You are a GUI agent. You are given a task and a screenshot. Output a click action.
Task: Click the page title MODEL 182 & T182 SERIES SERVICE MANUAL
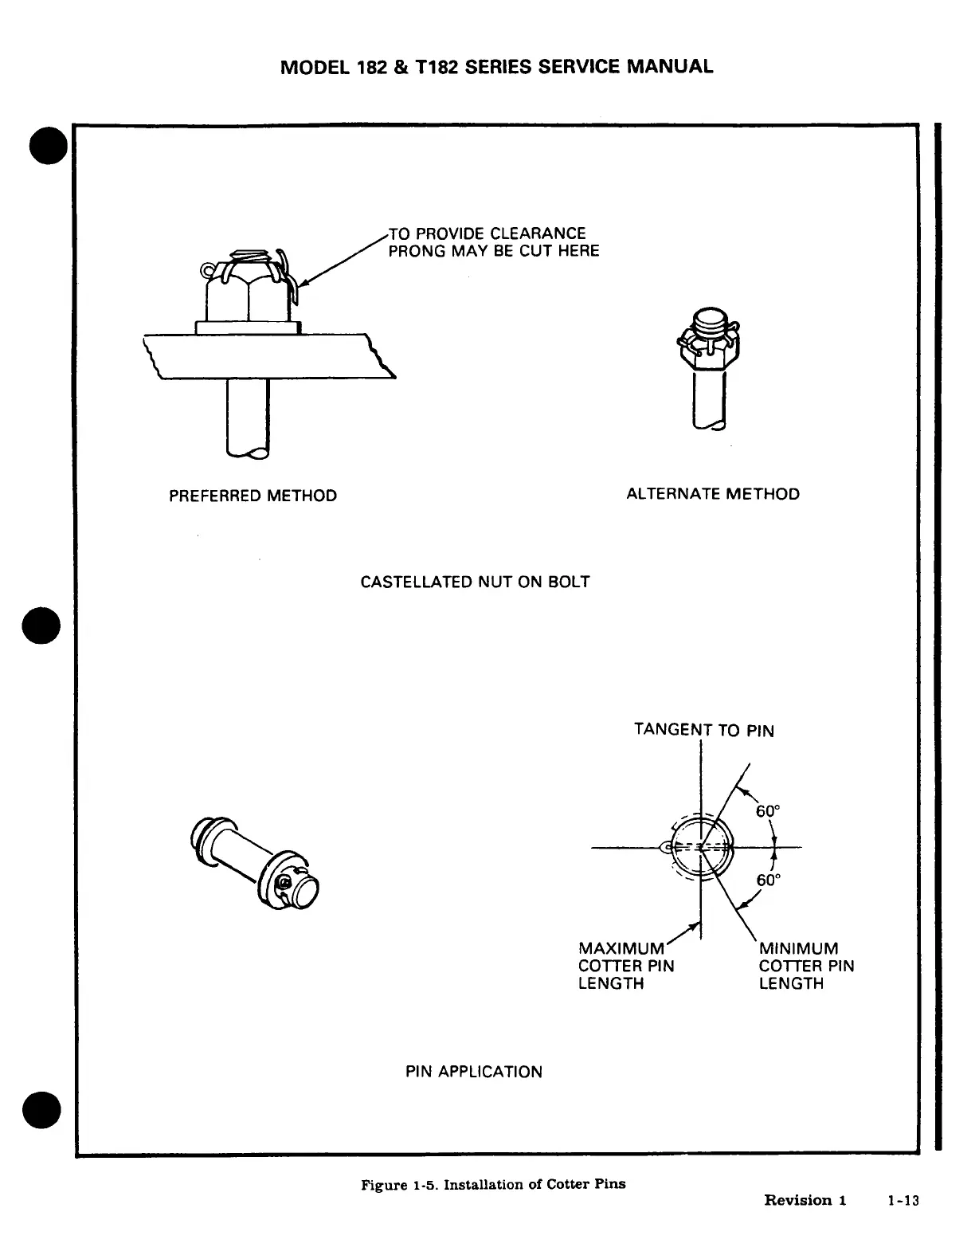tap(497, 66)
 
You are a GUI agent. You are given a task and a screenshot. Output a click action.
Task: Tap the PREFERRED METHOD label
tap(253, 496)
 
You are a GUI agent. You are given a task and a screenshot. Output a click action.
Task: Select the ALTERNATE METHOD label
tap(713, 494)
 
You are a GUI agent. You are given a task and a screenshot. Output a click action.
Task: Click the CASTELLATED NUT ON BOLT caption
tap(475, 582)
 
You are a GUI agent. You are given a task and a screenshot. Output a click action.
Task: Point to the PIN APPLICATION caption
tap(474, 1072)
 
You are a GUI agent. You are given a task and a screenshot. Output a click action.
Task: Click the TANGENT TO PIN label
tap(703, 730)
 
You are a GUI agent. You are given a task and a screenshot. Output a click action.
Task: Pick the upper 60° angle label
tap(768, 811)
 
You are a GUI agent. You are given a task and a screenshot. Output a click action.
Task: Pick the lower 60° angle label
tap(768, 881)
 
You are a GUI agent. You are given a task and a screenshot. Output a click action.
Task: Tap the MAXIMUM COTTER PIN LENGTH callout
tap(625, 966)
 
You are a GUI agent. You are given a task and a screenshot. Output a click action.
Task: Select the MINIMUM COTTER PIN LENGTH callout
tap(805, 966)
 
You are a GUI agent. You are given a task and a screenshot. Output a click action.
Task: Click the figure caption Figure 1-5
tap(493, 1184)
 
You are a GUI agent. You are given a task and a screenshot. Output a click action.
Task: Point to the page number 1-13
tap(903, 1200)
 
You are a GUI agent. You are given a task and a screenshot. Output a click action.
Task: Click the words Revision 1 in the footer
tap(805, 1200)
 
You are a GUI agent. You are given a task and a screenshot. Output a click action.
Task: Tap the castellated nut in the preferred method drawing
tap(247, 291)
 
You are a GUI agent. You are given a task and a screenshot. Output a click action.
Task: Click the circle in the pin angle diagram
tap(702, 848)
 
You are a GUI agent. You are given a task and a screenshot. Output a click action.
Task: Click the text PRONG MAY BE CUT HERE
tap(493, 251)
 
